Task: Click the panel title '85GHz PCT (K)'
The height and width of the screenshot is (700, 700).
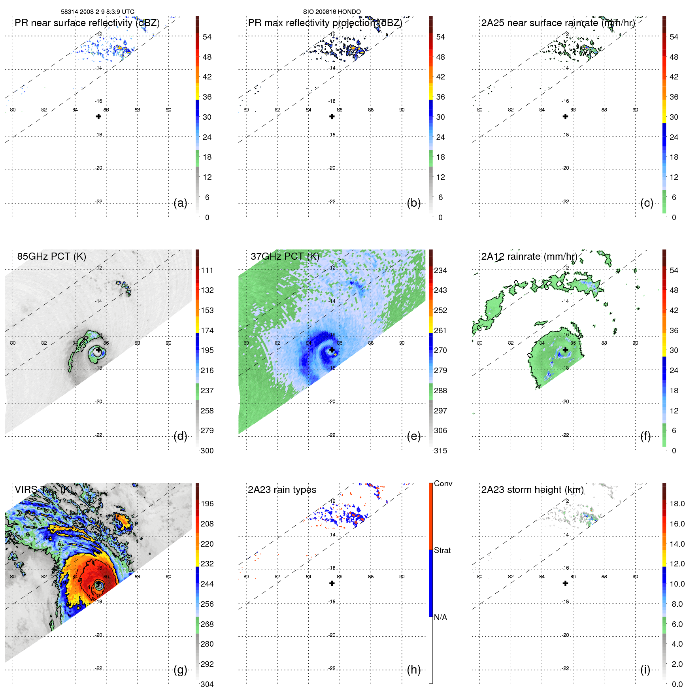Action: click(51, 257)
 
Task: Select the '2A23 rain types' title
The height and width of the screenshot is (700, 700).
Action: click(282, 490)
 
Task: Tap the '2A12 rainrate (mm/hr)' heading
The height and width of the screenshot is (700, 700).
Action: click(529, 257)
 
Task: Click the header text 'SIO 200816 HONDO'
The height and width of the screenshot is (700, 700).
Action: click(332, 12)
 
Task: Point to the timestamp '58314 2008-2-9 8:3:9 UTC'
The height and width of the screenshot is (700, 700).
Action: click(98, 12)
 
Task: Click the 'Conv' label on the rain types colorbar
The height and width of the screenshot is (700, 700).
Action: click(443, 483)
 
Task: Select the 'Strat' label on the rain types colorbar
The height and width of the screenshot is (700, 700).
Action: click(442, 550)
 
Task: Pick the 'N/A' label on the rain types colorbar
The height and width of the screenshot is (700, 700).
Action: click(440, 617)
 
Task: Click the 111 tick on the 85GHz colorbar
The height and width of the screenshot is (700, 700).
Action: click(207, 270)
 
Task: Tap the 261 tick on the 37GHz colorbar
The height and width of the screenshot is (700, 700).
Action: click(440, 330)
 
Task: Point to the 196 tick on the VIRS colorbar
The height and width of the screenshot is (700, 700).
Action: click(207, 504)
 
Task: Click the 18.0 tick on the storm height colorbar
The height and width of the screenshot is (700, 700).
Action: click(677, 504)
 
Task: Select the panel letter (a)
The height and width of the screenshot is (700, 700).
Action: click(180, 203)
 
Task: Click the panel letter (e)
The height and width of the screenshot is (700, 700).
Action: click(413, 436)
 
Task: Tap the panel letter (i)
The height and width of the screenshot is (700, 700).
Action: click(645, 670)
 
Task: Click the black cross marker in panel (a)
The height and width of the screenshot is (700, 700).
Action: click(98, 117)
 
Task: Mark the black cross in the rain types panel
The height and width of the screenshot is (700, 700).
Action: click(332, 583)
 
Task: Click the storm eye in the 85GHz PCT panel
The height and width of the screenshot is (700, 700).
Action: click(97, 351)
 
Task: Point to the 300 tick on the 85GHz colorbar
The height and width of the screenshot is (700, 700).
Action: click(207, 451)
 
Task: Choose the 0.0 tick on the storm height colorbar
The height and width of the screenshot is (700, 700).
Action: click(677, 684)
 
